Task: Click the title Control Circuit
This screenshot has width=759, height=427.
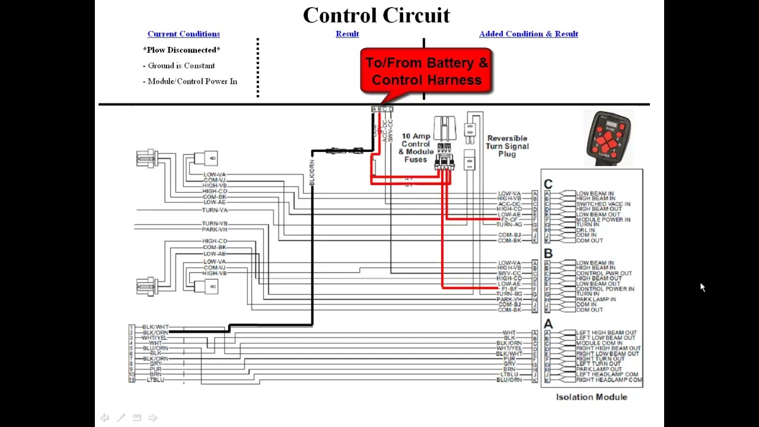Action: click(376, 15)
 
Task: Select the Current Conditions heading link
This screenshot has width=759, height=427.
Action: click(183, 34)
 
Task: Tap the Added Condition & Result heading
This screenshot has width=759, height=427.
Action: click(528, 34)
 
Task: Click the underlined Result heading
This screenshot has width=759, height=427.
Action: click(347, 34)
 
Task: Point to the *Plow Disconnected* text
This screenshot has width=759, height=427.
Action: click(181, 50)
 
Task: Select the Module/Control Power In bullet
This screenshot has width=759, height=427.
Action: click(192, 81)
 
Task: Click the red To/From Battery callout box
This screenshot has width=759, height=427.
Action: click(426, 71)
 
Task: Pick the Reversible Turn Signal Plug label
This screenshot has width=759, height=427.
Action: click(507, 146)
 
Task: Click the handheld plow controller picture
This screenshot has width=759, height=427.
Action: click(609, 138)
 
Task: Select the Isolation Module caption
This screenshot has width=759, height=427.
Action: click(591, 397)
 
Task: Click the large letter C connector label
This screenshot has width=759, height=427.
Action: click(548, 184)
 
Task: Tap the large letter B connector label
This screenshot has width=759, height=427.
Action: click(548, 254)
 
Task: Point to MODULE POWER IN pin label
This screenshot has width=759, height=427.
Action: click(603, 219)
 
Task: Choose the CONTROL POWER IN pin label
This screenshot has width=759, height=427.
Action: click(605, 289)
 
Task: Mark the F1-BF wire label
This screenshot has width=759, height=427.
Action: click(509, 289)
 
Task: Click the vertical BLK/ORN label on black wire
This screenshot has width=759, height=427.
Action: click(312, 173)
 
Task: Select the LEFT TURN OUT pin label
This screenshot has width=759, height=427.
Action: click(598, 364)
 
